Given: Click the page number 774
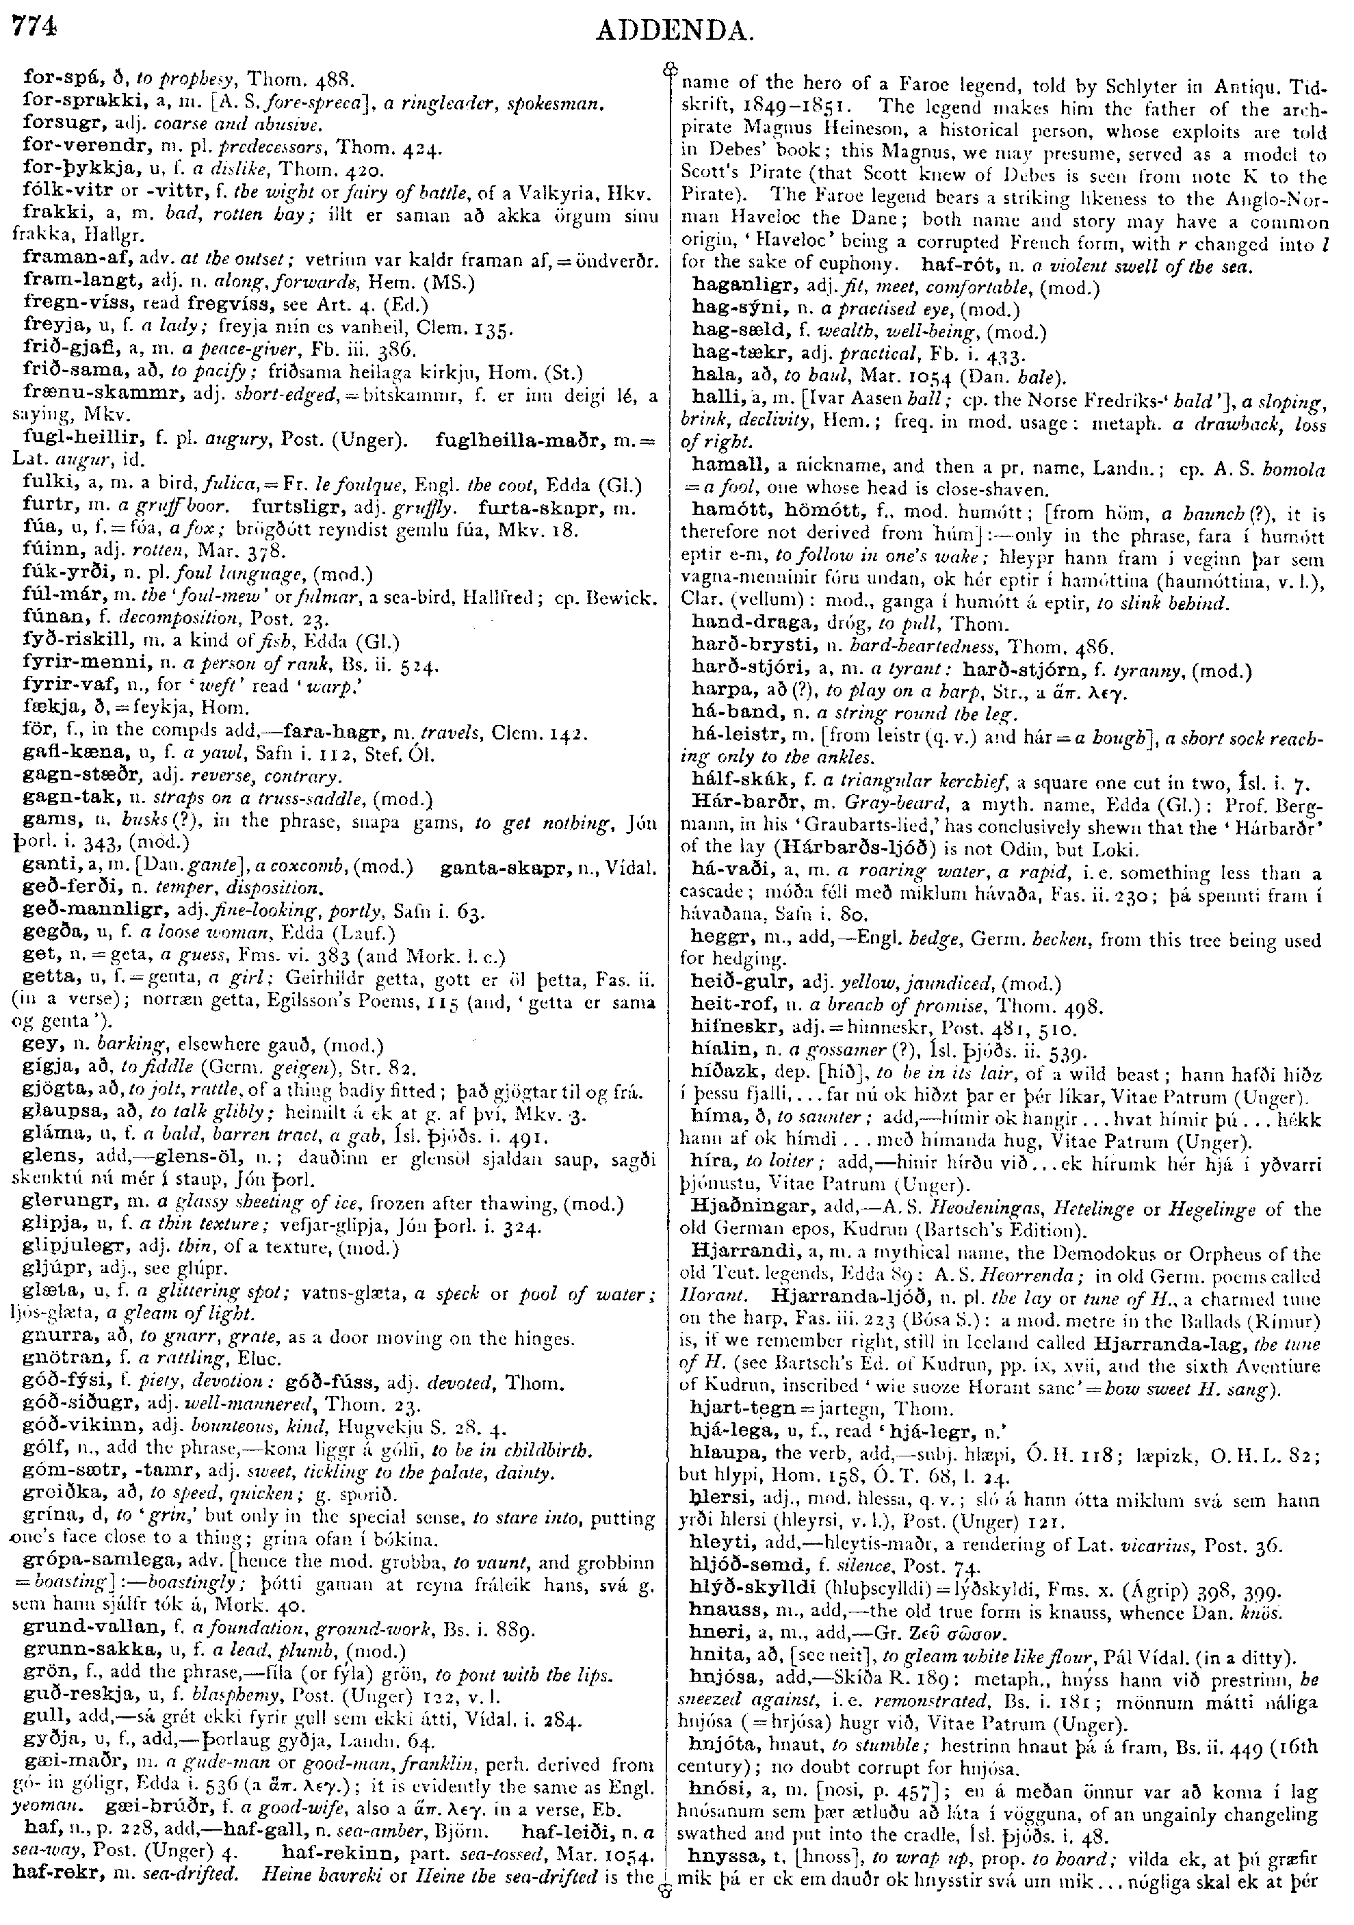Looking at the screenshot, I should [34, 29].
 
